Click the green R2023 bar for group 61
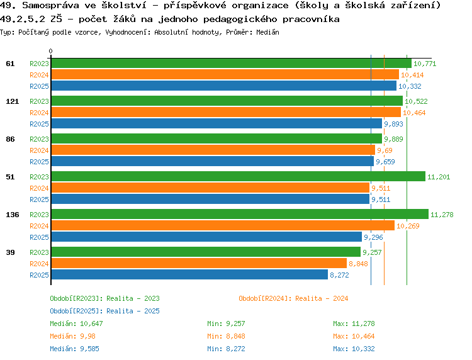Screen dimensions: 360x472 point(231,64)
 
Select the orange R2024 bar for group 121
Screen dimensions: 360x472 point(226,113)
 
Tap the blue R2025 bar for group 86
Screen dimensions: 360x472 point(212,162)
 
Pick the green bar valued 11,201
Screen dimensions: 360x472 point(238,177)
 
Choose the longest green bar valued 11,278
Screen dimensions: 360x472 point(240,215)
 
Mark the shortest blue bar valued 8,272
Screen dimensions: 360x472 point(189,275)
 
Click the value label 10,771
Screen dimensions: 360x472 point(425,64)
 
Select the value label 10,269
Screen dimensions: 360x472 point(407,226)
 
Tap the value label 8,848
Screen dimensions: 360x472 point(358,264)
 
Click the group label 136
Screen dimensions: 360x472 point(13,215)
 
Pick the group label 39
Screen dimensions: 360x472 point(10,252)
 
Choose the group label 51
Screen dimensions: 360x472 point(10,177)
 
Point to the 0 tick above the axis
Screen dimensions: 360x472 point(51,51)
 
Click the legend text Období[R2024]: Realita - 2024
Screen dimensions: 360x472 point(293,298)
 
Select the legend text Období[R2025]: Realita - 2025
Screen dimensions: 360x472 point(104,311)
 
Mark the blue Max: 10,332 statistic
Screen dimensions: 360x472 point(354,349)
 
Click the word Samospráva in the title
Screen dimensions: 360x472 point(50,5)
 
